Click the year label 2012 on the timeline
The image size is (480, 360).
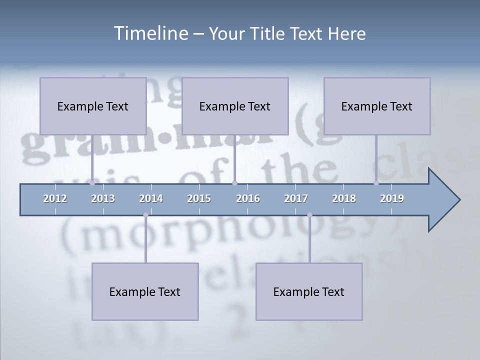coord(55,198)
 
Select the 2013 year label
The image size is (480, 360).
coord(103,198)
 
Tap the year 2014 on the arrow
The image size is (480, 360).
coord(151,198)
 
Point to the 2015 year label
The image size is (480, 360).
coord(199,198)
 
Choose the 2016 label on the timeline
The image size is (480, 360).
coord(248,198)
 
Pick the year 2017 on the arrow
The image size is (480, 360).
coord(296,198)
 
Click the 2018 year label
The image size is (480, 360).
coord(344,198)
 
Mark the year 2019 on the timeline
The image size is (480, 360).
coord(392,198)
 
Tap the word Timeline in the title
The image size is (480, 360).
coord(149,33)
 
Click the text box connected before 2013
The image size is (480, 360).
coord(93,106)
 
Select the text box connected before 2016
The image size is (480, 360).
coord(235,106)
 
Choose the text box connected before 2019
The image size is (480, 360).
coord(377,106)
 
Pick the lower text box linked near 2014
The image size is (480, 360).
coord(145,291)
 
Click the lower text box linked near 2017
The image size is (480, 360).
coord(309,291)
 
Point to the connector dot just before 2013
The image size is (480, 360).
coord(92,183)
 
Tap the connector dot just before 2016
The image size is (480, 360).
coord(234,183)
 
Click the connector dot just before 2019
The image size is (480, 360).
coord(376,183)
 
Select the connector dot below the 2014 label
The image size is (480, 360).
coord(145,215)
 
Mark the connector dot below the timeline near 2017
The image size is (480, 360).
coord(309,215)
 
